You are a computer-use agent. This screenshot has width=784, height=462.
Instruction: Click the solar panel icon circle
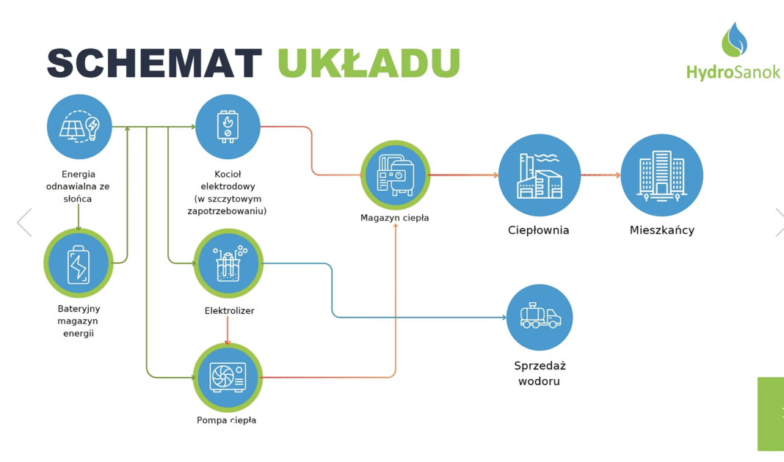(79, 127)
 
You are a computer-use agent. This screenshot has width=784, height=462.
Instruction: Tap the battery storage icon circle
(78, 263)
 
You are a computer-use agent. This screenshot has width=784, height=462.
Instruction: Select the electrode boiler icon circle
(228, 127)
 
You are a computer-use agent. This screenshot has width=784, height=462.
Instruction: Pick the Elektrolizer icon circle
(228, 263)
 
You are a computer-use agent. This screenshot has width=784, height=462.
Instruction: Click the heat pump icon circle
(228, 377)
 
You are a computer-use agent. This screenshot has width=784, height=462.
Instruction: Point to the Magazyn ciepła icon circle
(395, 175)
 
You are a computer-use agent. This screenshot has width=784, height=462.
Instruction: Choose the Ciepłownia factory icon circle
(540, 175)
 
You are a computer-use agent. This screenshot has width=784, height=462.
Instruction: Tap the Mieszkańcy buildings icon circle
(661, 175)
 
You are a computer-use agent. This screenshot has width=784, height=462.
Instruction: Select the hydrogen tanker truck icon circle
(540, 318)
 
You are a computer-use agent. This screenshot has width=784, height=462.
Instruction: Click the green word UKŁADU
(369, 64)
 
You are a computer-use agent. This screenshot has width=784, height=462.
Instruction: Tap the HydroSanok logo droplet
(733, 40)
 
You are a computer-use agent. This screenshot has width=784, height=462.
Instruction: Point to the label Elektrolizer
(229, 311)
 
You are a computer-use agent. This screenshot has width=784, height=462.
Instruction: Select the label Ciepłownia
(539, 230)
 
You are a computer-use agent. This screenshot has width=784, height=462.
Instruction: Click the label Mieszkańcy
(661, 230)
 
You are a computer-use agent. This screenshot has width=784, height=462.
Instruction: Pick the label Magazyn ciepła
(394, 218)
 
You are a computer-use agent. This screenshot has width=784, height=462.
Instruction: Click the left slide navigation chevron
(24, 222)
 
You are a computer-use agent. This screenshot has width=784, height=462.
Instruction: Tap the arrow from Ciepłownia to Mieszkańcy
(600, 175)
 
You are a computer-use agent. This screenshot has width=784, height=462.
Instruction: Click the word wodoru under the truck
(539, 381)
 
